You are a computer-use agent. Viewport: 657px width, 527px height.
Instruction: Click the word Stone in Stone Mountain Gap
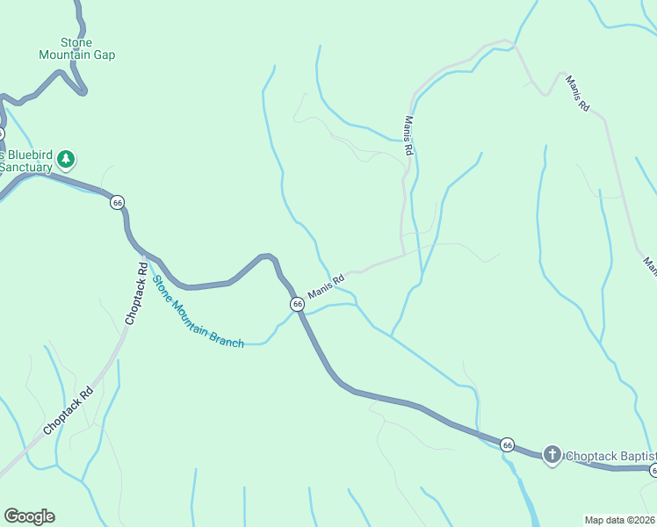76,42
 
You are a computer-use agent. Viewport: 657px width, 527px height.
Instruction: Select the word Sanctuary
26,166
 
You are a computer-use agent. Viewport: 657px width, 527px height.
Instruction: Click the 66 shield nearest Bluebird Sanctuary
118,203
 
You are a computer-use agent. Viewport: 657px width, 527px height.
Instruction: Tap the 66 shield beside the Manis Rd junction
298,304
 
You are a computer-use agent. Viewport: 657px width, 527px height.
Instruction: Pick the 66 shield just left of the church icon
508,445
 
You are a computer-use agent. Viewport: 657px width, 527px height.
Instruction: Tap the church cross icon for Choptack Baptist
552,455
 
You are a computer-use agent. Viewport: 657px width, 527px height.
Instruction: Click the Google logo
29,516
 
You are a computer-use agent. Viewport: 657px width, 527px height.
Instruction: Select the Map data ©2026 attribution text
620,520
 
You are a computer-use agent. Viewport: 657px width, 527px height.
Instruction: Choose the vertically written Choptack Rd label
137,293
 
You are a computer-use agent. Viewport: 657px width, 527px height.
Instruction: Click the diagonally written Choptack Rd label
68,413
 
